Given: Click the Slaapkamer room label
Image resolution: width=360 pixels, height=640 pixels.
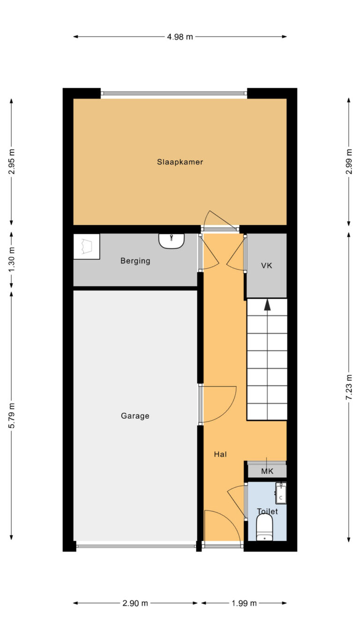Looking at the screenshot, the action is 180,162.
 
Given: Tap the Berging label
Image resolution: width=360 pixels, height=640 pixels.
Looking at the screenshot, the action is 135,261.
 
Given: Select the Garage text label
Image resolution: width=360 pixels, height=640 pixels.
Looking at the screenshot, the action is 135,416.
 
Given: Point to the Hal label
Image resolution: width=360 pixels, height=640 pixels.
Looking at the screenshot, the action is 220,454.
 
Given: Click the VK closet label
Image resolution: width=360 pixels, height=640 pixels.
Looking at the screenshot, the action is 267,266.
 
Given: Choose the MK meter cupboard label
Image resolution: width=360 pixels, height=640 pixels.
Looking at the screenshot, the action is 267,471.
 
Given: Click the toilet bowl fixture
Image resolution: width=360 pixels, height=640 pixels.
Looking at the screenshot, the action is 264,527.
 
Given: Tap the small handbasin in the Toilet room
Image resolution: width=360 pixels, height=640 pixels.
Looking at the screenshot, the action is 281,493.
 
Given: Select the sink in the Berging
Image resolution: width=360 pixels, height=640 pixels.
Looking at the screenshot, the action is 172,241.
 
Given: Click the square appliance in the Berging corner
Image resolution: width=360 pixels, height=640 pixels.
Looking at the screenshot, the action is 87,247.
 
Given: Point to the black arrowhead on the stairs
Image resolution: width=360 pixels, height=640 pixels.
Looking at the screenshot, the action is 267,305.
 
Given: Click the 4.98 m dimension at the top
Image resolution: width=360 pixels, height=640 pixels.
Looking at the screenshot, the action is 180,37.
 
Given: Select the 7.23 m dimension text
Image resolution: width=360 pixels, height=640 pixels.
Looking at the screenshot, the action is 349,387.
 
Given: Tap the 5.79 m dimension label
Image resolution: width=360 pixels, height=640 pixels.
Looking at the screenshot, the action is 11,416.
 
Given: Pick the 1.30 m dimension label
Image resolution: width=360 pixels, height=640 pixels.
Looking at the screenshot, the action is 11,260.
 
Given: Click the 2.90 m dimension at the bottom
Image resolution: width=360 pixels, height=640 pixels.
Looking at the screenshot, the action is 135,603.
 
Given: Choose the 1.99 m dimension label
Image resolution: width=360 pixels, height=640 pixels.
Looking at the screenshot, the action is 244,603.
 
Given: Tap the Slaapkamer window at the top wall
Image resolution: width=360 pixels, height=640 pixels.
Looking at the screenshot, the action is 174,93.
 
